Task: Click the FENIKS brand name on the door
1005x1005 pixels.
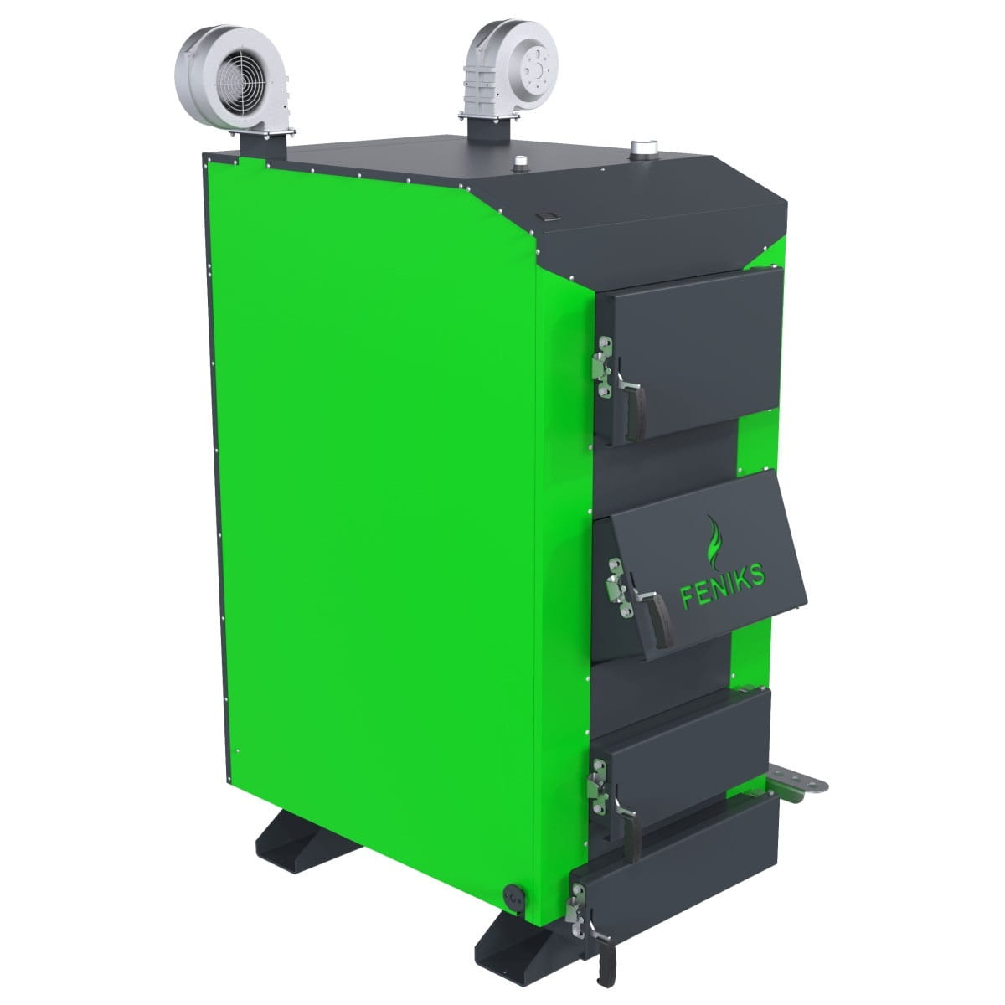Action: [724, 585]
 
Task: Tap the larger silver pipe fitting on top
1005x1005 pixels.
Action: [642, 148]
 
